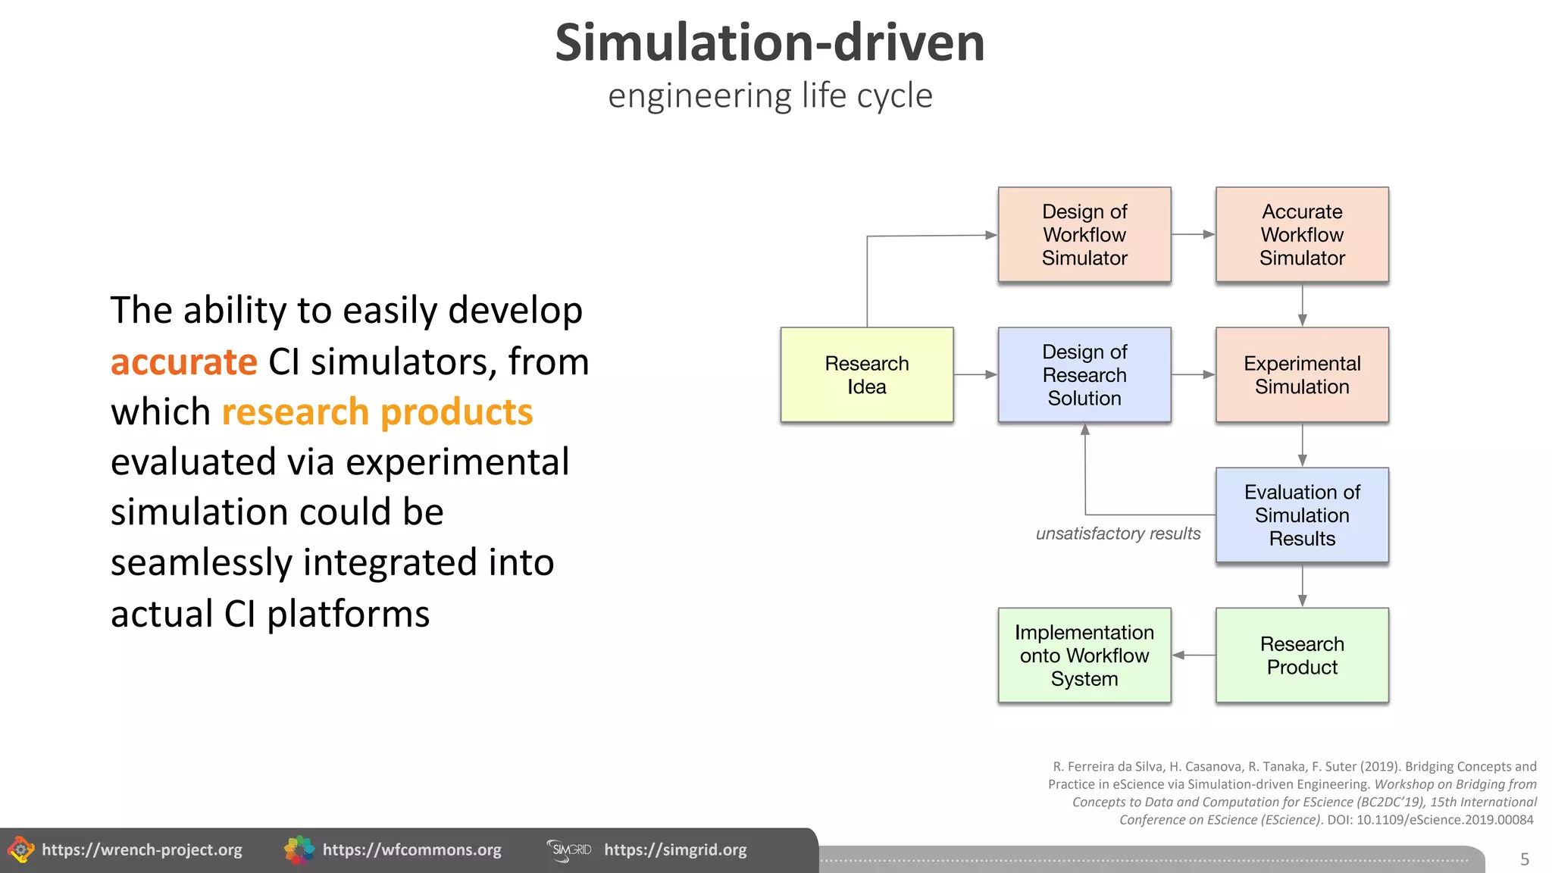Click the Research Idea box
tap(866, 374)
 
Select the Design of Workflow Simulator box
tap(1084, 234)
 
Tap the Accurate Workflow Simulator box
tap(1301, 234)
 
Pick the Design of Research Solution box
tap(1084, 374)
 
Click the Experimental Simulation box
tap(1301, 374)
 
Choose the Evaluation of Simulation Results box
tap(1301, 515)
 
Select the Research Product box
tap(1301, 655)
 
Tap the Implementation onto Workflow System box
tap(1084, 655)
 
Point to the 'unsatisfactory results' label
tap(1118, 533)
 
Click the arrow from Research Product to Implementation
tap(1194, 655)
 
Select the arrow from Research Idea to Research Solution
tap(975, 374)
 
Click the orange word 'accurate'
tap(184, 361)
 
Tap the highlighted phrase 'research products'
tap(377, 412)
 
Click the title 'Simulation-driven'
tap(770, 42)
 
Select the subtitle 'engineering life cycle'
tap(770, 96)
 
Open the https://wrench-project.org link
tap(142, 850)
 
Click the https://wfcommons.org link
tap(411, 850)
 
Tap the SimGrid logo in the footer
tap(569, 850)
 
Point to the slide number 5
tap(1525, 859)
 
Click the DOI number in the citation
tap(1444, 820)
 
